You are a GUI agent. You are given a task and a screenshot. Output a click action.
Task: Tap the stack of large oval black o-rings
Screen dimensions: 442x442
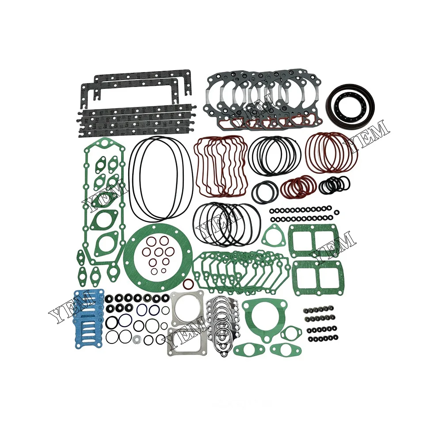coord(160,179)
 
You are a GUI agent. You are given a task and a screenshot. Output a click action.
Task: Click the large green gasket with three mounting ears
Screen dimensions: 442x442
coord(262,315)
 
